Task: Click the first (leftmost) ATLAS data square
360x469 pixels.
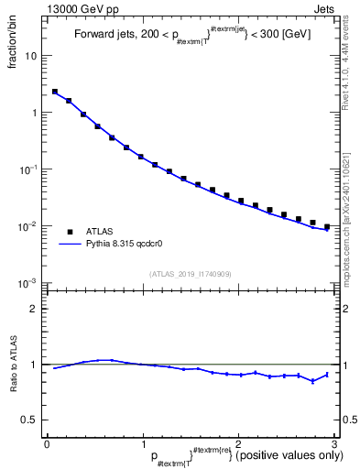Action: coord(55,92)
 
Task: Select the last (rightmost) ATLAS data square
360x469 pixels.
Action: coord(327,226)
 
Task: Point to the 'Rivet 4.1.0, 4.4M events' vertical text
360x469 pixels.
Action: coord(353,69)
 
